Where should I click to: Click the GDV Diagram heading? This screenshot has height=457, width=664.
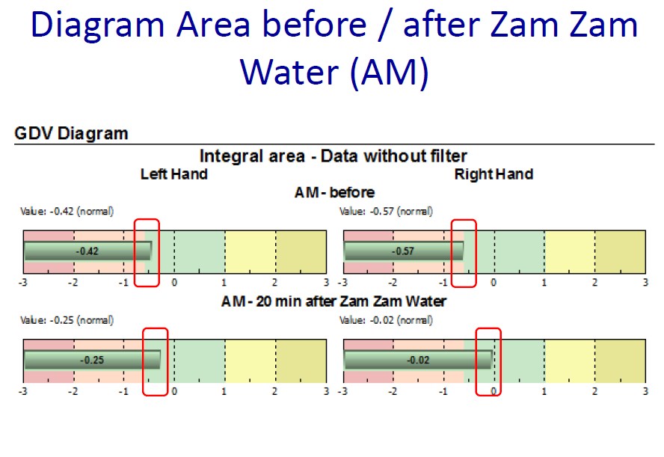71,133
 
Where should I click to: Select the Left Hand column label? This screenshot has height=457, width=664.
174,174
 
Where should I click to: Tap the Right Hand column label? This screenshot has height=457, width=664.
494,174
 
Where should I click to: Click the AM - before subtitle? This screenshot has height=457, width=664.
334,192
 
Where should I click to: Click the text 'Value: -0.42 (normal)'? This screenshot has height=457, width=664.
67,211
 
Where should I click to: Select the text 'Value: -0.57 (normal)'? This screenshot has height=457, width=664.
386,211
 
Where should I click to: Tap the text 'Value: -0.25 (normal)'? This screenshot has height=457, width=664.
67,320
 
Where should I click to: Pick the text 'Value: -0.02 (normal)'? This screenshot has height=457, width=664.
386,320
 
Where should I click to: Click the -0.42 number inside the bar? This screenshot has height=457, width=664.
87,251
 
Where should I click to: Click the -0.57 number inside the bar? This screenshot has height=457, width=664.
403,251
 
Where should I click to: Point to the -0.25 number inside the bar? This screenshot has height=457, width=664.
92,360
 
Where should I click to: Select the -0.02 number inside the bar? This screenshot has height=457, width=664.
419,360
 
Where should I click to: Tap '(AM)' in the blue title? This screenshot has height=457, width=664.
390,73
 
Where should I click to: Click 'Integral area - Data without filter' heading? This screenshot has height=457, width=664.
333,156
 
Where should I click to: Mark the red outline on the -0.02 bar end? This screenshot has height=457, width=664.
476,362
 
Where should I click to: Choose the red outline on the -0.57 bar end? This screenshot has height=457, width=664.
452,254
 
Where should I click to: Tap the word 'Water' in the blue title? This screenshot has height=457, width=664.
289,72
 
